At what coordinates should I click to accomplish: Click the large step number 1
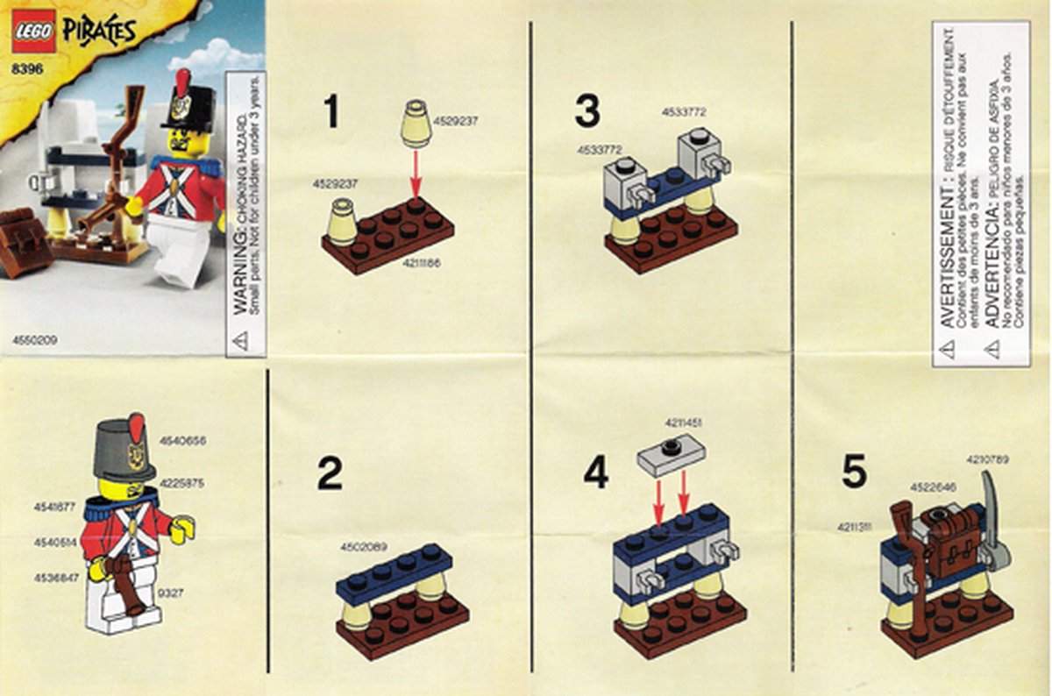point(331,112)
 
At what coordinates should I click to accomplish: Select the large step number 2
point(330,474)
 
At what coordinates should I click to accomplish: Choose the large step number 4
point(595,474)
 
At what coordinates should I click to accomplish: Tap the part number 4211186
point(423,263)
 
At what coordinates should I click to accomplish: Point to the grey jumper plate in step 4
point(672,453)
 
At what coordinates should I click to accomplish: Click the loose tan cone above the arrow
point(416,124)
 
